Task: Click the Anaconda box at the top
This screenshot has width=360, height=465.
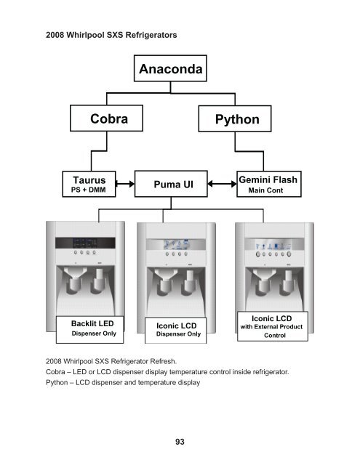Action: pyautogui.click(x=170, y=70)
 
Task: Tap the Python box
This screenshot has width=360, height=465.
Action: pyautogui.click(x=236, y=118)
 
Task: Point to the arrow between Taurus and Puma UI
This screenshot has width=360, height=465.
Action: pyautogui.click(x=125, y=184)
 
